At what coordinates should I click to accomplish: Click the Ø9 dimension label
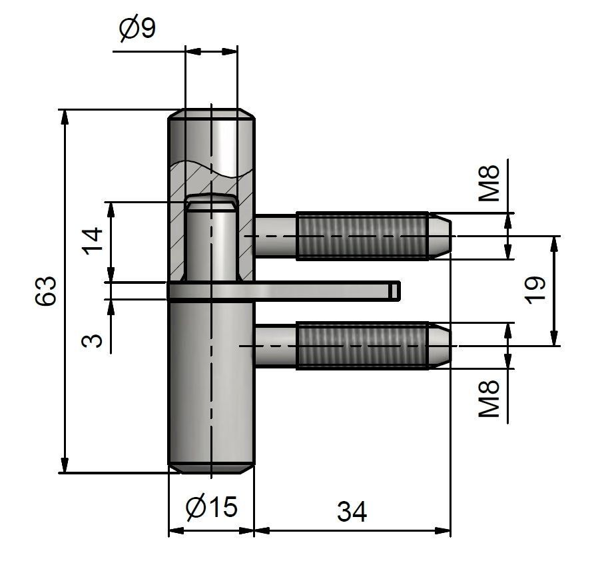137,29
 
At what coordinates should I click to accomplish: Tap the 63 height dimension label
45,291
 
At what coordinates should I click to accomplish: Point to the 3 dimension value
94,340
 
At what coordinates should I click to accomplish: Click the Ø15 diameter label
211,508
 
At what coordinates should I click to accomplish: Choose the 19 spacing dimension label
535,290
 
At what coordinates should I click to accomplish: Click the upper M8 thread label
490,183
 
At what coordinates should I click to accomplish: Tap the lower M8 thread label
490,398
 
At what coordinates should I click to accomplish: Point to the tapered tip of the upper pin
441,235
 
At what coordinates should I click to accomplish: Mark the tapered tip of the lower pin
441,345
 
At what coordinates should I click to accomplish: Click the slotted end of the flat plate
394,290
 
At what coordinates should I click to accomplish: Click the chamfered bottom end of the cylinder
210,468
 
